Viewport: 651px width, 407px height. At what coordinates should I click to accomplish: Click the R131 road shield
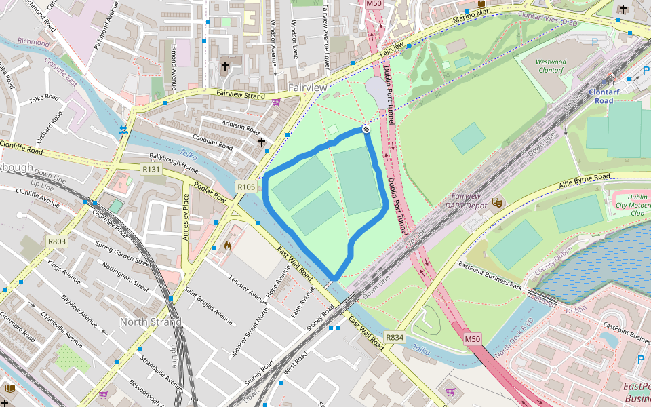point(151,169)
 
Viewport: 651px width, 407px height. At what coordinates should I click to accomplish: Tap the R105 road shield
point(246,187)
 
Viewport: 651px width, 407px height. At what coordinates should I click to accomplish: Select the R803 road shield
point(56,241)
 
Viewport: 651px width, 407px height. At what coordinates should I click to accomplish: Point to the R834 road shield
point(394,337)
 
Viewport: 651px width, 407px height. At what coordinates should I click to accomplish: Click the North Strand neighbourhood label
point(151,322)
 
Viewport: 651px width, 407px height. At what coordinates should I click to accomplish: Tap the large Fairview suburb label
point(307,88)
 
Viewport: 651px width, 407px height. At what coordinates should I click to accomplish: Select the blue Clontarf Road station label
point(600,96)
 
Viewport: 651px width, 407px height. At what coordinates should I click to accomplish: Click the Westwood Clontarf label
point(551,66)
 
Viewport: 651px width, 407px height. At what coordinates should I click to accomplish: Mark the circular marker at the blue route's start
point(366,129)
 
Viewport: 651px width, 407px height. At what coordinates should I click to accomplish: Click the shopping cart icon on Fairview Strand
point(276,102)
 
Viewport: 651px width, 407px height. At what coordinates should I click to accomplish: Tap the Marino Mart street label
point(474,20)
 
